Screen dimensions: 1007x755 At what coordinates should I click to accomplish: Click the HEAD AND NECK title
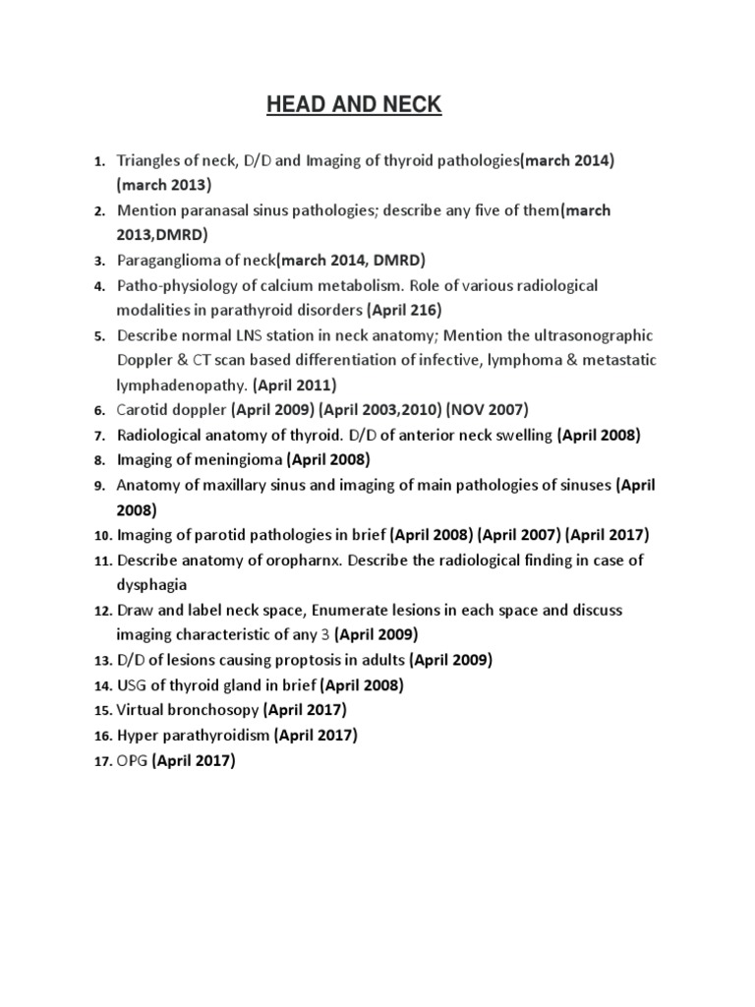pyautogui.click(x=354, y=105)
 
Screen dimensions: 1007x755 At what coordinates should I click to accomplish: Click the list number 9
pyautogui.click(x=99, y=486)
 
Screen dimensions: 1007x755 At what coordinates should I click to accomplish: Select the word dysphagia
pyautogui.click(x=152, y=585)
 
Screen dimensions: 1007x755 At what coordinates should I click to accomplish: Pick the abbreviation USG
pyautogui.click(x=133, y=685)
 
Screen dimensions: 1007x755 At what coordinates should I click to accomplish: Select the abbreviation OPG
pyautogui.click(x=133, y=760)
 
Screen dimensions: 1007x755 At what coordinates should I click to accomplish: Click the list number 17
pyautogui.click(x=103, y=761)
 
